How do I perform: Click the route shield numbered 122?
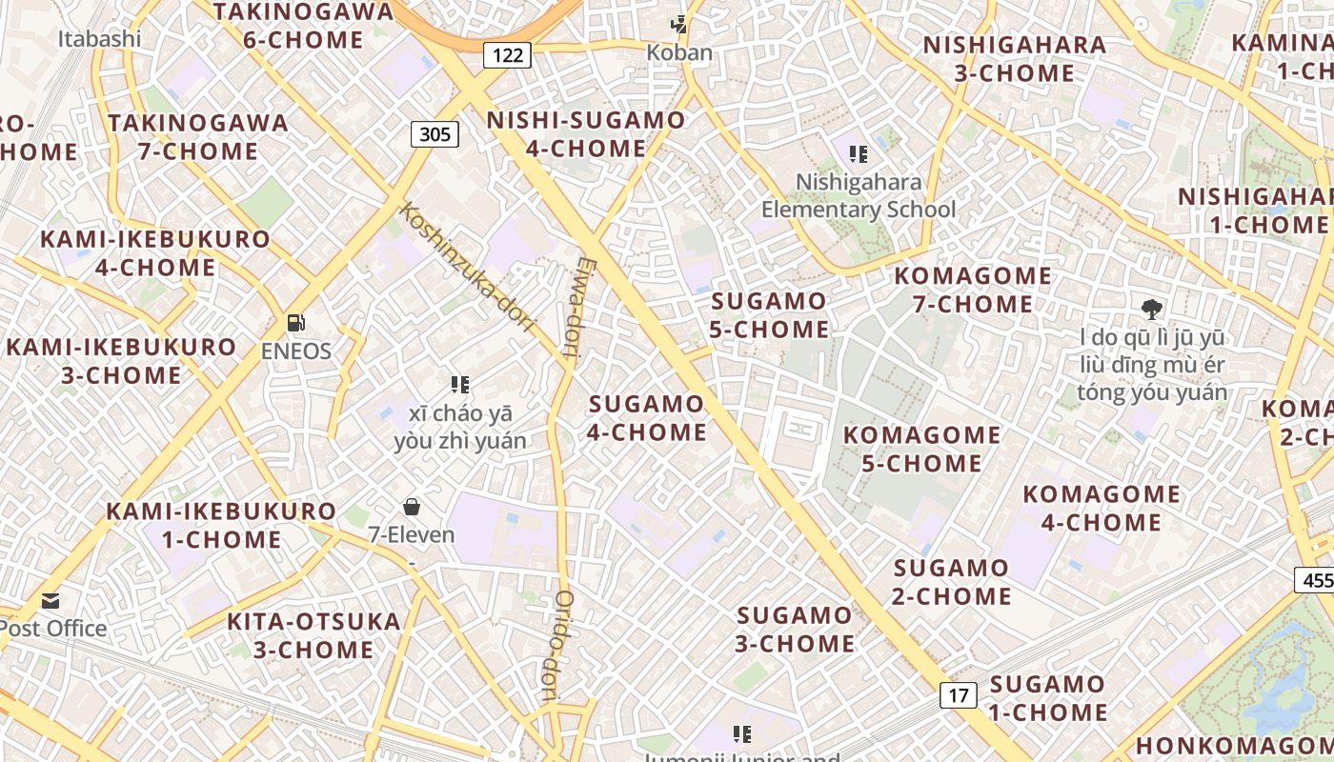507,55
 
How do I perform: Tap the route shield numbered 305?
435,134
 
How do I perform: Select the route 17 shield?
959,695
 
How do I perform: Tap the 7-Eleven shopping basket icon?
412,506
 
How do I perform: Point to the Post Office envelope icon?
51,601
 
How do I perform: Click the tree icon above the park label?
1152,309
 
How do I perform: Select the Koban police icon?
679,24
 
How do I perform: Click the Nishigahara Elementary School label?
859,196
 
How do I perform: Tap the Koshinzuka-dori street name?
466,266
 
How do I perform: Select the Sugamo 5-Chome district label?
770,315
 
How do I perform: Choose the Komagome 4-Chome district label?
1102,508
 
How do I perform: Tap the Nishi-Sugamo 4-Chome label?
585,134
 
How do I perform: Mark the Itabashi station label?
99,39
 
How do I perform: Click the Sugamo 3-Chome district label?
795,630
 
